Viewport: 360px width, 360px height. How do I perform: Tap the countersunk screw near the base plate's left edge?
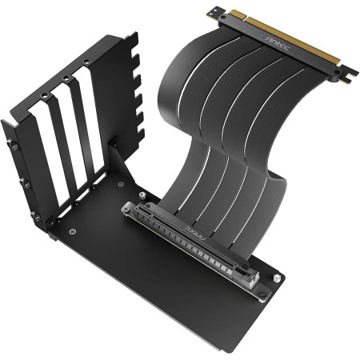tap(74, 232)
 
